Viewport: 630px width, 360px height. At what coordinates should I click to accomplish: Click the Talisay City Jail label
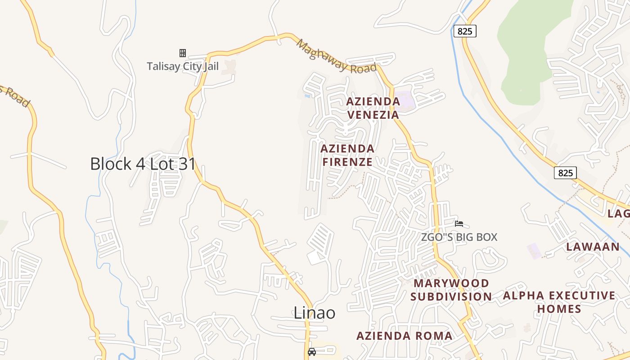click(183, 67)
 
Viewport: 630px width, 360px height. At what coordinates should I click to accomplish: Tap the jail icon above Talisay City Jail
click(183, 53)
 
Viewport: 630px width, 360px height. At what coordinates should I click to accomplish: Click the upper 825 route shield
click(465, 31)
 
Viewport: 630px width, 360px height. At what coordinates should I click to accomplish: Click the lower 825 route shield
click(565, 173)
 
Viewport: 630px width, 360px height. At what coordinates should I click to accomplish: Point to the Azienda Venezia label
click(373, 108)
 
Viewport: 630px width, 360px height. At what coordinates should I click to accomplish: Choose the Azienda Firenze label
click(347, 155)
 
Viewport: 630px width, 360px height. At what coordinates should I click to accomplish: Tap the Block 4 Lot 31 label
click(143, 164)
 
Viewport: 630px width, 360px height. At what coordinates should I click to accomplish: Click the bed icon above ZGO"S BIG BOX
click(459, 223)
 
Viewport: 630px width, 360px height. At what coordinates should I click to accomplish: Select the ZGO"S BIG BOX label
click(459, 237)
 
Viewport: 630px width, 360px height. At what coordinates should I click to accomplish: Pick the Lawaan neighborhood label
click(593, 247)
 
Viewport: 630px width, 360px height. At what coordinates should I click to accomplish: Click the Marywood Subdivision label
click(451, 290)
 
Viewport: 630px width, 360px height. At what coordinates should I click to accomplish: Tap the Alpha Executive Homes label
click(559, 302)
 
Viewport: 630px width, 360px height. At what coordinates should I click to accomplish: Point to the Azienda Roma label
click(404, 336)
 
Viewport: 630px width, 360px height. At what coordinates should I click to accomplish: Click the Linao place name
click(315, 312)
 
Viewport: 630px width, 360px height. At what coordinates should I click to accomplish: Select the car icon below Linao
click(311, 352)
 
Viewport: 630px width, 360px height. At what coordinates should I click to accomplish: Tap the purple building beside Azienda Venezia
click(406, 99)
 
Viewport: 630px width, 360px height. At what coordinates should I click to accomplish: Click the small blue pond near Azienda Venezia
click(307, 95)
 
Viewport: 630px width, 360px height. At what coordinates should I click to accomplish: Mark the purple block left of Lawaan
click(534, 251)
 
